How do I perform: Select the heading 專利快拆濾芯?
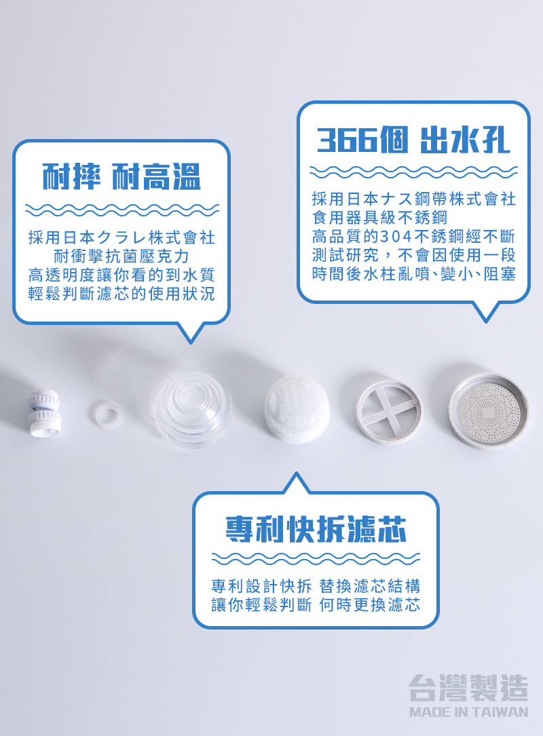316,529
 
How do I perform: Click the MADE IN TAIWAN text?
468,712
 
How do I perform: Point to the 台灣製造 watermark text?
468,688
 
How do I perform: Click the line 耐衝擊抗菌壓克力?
121,256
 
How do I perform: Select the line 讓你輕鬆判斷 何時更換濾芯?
316,604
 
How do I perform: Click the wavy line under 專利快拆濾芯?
316,558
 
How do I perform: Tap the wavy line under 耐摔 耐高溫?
121,208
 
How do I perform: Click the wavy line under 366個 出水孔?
413,170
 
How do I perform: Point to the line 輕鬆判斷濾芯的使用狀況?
121,294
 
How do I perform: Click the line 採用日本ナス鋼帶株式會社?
413,199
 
